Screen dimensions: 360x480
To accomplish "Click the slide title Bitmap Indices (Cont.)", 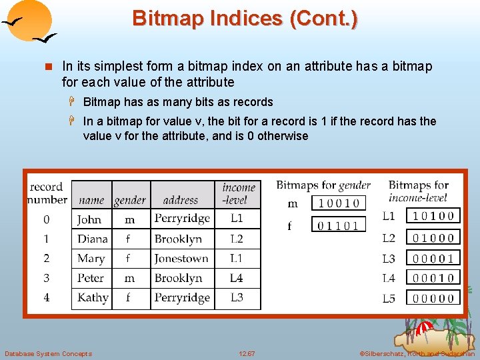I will [x=245, y=18].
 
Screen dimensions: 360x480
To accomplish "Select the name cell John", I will [x=90, y=219].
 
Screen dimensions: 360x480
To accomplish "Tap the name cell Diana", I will [x=92, y=239].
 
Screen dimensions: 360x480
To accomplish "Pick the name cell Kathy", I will [x=93, y=297].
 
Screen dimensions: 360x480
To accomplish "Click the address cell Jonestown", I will [x=181, y=259].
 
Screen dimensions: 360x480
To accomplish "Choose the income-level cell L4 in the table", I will [x=237, y=278].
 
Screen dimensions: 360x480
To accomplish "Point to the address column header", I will [x=181, y=200].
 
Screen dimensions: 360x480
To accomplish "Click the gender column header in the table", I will [x=130, y=200].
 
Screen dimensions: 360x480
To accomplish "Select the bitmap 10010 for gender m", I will [x=339, y=204].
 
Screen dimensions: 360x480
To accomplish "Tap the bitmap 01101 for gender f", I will [x=339, y=225].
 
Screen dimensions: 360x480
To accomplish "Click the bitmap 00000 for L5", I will [x=433, y=298].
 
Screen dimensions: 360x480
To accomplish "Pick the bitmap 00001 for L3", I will [x=433, y=258].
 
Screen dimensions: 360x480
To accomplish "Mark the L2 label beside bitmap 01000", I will [x=389, y=238].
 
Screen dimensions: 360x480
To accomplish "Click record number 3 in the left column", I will [x=47, y=278].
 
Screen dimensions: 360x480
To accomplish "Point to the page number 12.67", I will [x=247, y=353].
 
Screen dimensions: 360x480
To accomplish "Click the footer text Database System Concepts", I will [x=49, y=353].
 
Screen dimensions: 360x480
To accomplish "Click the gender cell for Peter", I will [x=130, y=278].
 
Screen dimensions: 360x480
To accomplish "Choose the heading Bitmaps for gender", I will [x=323, y=185].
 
